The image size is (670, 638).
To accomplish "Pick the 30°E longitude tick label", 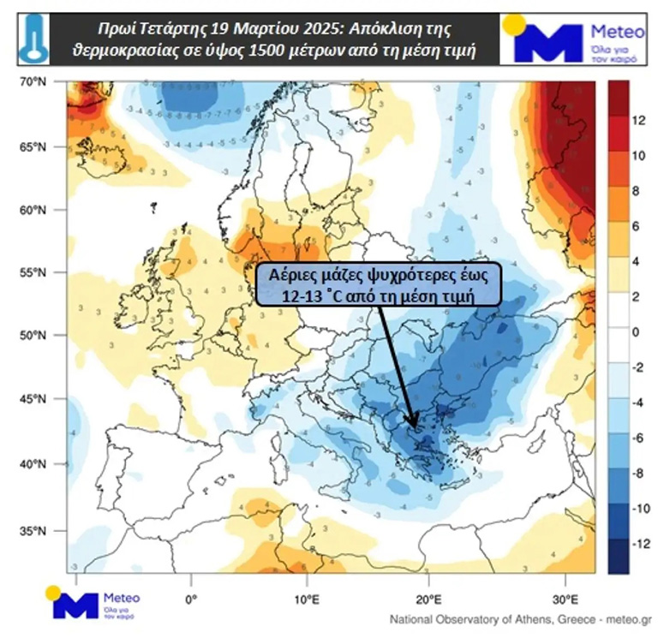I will click(563, 598).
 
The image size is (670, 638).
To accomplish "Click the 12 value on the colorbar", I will click(638, 121).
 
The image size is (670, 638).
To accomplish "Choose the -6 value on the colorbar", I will click(638, 438).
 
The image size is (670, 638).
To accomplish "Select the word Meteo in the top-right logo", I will click(617, 32).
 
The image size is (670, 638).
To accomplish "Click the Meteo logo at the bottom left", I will click(94, 603).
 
